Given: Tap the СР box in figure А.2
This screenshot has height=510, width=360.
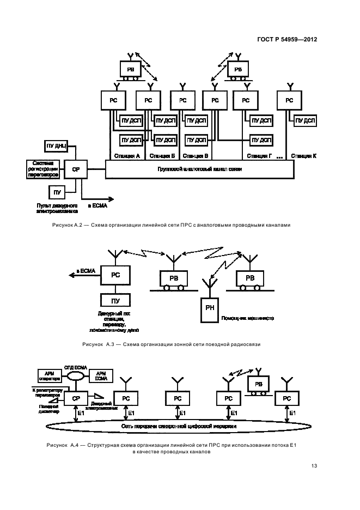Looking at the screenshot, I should [x=75, y=170].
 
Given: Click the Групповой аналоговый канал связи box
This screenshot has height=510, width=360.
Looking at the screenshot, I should [x=200, y=169].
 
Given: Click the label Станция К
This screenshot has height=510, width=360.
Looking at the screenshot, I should [x=303, y=156].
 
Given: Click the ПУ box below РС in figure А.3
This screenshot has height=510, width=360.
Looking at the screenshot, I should [x=115, y=300].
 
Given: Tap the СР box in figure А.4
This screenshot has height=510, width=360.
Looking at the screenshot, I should [x=75, y=399].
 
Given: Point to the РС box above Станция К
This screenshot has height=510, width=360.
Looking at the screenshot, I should [x=289, y=100].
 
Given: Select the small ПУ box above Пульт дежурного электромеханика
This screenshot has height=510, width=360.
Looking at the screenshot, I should [x=57, y=192].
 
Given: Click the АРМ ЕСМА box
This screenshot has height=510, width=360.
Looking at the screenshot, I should [x=101, y=375].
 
